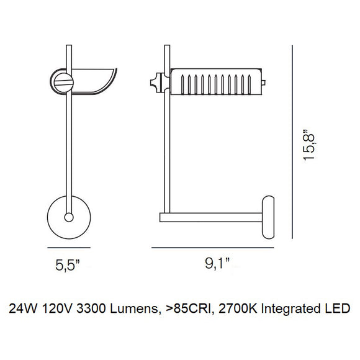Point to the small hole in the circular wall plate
point(68,217)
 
